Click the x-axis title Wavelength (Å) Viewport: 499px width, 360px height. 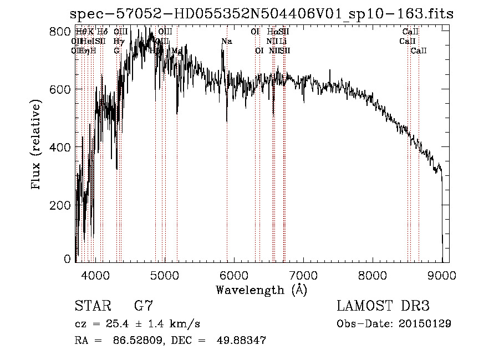click(261, 290)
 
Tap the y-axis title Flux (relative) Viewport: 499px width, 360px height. click(37, 146)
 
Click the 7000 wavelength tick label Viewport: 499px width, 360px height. click(303, 275)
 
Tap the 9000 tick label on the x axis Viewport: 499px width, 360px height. click(442, 275)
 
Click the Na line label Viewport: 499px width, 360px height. click(226, 42)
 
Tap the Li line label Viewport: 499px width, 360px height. click(283, 41)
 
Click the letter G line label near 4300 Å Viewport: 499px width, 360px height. click(116, 50)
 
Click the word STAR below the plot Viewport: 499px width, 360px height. click(91, 306)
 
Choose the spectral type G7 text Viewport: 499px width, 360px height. click(143, 306)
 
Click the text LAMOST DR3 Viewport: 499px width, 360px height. click(383, 306)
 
